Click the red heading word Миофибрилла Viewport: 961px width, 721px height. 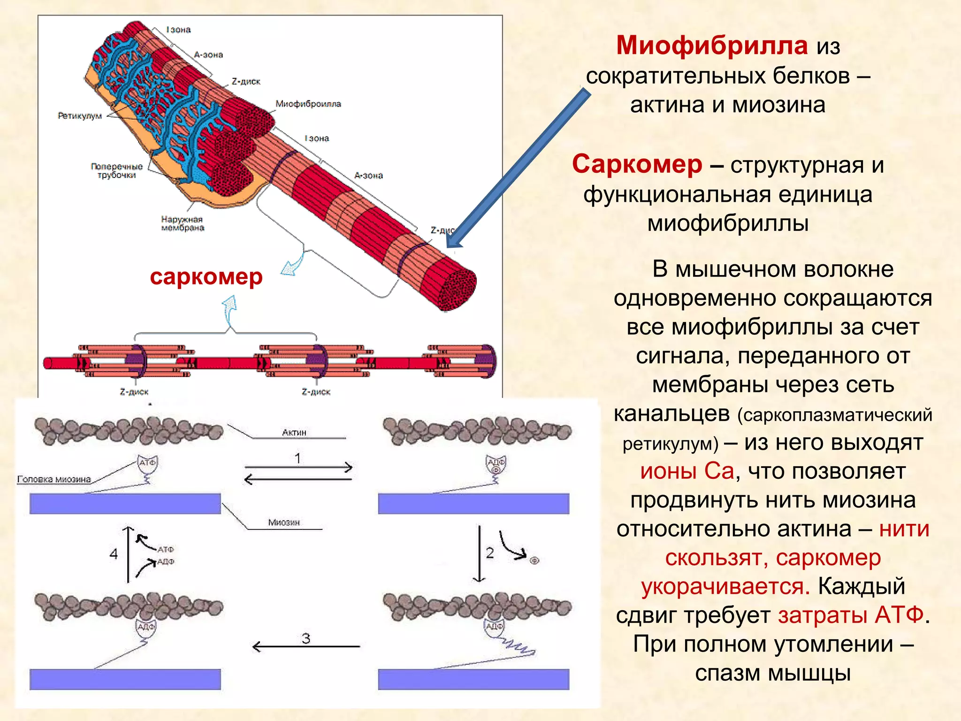[x=711, y=46]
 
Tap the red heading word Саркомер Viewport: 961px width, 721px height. [x=637, y=165]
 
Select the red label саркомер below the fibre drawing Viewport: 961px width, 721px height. [x=206, y=277]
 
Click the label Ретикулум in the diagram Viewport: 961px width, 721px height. [x=80, y=115]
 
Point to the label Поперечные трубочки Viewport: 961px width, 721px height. [x=117, y=171]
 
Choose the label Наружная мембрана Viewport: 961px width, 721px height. [x=183, y=223]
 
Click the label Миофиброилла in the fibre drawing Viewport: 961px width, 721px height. [x=308, y=104]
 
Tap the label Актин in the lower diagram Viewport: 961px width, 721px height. [x=294, y=432]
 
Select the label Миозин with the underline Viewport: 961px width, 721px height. [x=284, y=522]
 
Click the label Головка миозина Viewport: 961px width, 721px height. [x=54, y=479]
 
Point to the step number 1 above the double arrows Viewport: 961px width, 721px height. [x=297, y=458]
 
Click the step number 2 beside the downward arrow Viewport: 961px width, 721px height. [x=490, y=553]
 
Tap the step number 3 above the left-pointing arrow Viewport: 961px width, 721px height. [x=306, y=638]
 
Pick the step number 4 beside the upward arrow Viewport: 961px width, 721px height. [x=114, y=554]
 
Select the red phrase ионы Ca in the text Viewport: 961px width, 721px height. [x=687, y=471]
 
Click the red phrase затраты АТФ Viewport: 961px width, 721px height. [x=851, y=615]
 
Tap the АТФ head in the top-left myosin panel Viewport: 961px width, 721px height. [x=147, y=463]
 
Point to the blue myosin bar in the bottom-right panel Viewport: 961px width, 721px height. [x=473, y=679]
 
